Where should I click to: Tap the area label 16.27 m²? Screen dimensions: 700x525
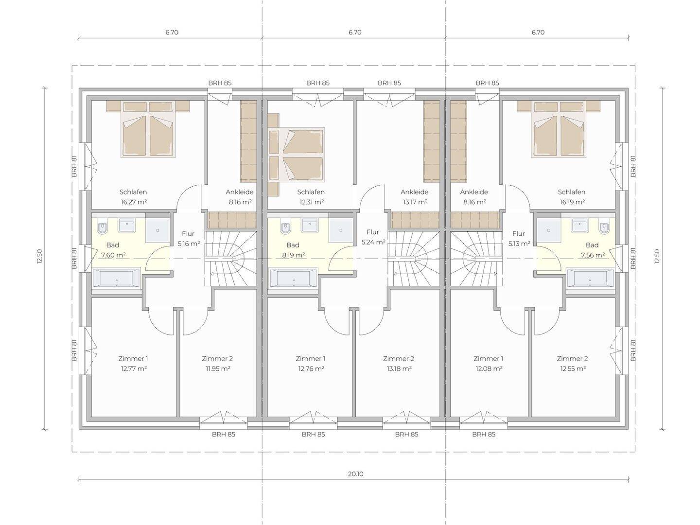[x=134, y=202]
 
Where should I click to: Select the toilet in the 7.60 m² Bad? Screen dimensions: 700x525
[x=103, y=227]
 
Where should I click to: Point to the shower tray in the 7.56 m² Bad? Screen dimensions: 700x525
[x=549, y=230]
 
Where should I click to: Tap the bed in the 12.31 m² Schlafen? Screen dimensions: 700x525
[x=297, y=155]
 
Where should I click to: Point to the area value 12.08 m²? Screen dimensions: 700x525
[x=489, y=368]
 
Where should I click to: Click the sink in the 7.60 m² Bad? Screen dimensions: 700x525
[x=127, y=226]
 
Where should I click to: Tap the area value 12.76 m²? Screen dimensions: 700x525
[x=311, y=368]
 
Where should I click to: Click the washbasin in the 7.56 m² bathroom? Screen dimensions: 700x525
[x=580, y=226]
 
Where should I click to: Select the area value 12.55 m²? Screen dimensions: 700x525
[x=573, y=368]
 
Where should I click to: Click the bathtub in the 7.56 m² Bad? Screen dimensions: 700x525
[x=590, y=279]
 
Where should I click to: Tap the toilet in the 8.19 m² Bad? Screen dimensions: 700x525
[x=285, y=227]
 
